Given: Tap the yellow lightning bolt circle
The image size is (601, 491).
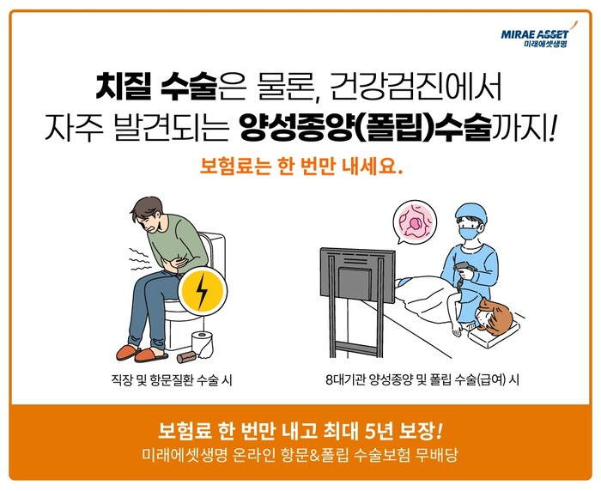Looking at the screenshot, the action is click(203, 291).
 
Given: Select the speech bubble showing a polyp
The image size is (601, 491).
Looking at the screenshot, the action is click(415, 222).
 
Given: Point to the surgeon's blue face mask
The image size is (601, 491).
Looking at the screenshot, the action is click(470, 233).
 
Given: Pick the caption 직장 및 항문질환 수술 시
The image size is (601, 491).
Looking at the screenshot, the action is click(172, 380).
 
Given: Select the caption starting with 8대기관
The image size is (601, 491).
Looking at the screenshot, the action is click(422, 380).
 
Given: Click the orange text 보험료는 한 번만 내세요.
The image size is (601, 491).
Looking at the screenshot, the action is click(301, 166).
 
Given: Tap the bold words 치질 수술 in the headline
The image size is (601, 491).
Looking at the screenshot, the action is click(156, 87).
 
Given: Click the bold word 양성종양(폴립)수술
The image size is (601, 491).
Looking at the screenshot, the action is click(365, 129).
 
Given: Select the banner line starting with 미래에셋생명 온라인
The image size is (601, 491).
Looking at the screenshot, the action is click(300, 455).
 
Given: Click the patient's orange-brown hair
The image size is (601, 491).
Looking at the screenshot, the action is click(497, 315).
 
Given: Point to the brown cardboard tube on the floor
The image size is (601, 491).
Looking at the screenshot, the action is click(186, 358).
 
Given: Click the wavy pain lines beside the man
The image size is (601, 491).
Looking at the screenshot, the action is click(140, 259).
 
